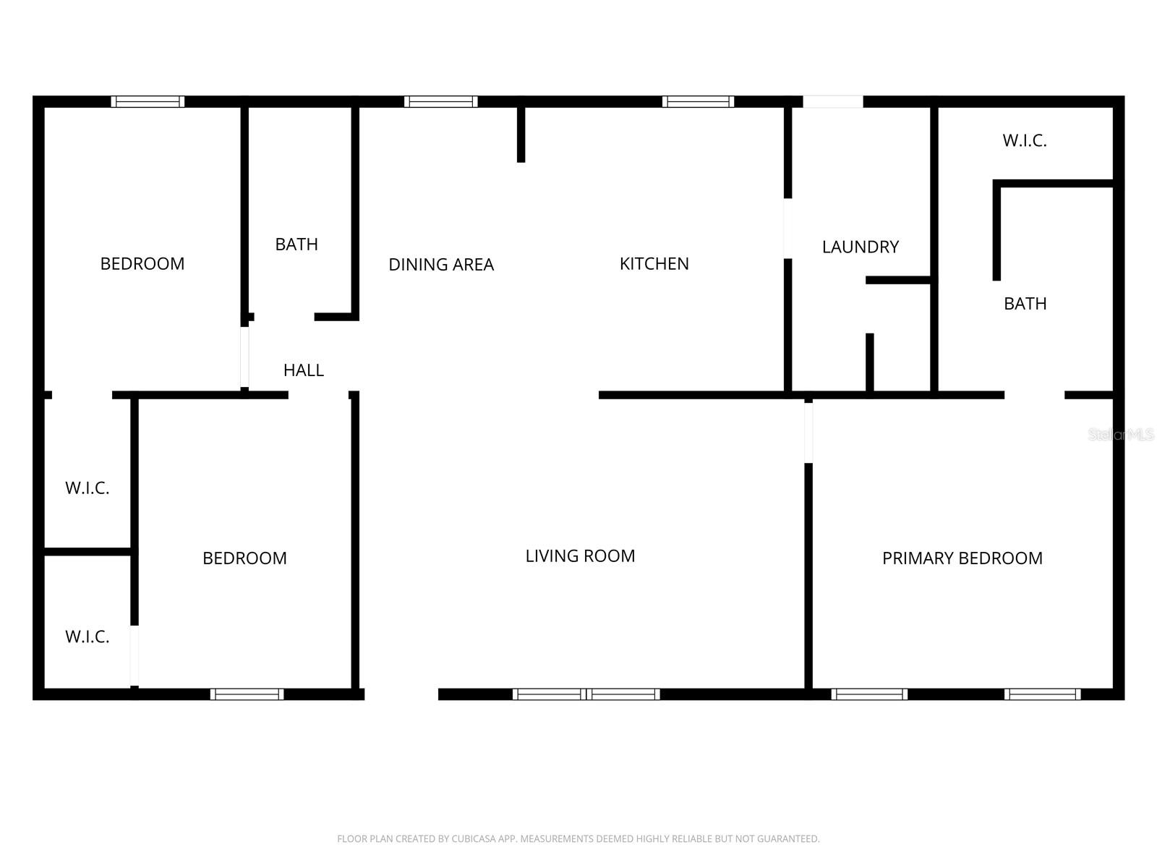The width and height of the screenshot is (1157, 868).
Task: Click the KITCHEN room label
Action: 654,264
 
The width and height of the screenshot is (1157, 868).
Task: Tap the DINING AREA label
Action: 441,265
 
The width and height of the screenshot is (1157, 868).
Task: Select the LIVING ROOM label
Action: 580,556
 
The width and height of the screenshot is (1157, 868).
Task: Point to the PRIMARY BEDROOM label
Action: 962,558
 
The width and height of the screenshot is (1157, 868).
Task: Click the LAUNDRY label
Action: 860,247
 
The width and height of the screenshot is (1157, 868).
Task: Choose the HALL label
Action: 303,370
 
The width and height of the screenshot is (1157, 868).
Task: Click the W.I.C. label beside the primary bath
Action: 1024,141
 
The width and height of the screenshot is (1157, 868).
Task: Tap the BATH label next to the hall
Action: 296,244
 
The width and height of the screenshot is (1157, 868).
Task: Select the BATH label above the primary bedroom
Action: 1025,304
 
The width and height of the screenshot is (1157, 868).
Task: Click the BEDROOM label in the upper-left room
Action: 142,264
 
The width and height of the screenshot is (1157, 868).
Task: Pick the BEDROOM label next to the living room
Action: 244,558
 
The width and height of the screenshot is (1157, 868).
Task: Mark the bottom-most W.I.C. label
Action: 87,637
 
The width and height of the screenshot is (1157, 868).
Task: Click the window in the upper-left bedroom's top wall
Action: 148,102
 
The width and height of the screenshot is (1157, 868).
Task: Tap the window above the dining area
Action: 440,102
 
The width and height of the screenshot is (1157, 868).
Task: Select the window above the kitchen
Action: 698,102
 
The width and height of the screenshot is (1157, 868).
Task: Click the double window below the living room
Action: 586,694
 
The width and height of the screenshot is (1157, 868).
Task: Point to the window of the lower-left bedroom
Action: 247,694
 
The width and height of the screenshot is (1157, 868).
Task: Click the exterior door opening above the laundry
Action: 832,102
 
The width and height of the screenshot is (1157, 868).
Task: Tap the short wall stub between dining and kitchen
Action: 521,135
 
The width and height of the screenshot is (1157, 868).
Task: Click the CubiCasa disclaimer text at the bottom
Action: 578,839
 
